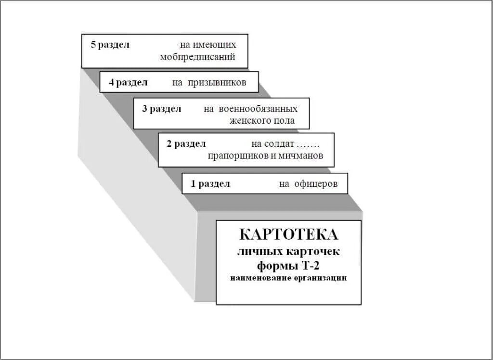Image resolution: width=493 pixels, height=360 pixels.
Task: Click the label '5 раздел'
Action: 110,45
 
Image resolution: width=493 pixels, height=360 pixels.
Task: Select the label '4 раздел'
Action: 128,82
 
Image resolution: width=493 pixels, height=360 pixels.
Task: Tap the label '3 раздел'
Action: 162,109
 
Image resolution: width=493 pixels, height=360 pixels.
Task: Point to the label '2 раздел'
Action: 186,143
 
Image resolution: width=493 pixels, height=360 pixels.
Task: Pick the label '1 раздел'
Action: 210,183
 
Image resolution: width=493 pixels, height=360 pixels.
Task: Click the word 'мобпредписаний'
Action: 197,57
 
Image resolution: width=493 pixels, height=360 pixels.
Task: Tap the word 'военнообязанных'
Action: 258,109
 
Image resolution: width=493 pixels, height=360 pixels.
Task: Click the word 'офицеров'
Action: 316,183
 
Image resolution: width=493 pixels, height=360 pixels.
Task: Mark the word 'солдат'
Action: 278,143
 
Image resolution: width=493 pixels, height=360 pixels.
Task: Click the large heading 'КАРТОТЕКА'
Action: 288,235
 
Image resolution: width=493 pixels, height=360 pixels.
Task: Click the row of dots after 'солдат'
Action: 308,144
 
